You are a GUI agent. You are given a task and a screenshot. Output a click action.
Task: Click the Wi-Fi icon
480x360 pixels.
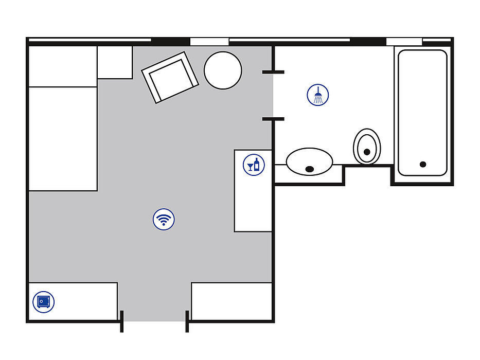(x=164, y=219)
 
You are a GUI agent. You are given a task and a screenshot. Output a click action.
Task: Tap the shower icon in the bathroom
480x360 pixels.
(x=318, y=95)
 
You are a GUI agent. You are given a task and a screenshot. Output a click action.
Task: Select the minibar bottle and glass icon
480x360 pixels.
(x=254, y=165)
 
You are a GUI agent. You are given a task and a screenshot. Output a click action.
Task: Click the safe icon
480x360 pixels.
(x=43, y=301)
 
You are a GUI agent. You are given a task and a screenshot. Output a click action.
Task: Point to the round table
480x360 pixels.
(x=223, y=71)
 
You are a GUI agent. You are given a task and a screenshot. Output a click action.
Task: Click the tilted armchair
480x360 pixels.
(x=170, y=78)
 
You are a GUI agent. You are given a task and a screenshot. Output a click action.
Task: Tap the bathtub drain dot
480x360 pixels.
(x=423, y=164)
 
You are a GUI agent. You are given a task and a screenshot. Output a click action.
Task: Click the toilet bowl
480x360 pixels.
(x=367, y=146)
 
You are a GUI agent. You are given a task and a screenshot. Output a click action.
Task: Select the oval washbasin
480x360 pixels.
(x=309, y=161)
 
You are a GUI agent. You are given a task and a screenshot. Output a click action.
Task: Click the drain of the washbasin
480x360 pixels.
(x=310, y=169)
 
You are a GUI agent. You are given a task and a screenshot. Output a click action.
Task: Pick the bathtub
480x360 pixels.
(x=422, y=112)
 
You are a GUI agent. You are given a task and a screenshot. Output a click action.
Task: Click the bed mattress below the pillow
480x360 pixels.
(x=63, y=139)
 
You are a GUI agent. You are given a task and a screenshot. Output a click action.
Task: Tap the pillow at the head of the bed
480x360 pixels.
(x=63, y=66)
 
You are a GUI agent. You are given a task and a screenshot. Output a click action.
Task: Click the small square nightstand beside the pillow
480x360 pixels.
(x=115, y=62)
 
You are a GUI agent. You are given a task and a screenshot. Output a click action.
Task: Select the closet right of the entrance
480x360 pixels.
(x=232, y=301)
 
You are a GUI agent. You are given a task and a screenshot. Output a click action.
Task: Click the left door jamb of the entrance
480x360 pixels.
(x=122, y=321)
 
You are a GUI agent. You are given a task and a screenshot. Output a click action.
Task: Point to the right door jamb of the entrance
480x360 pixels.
(x=187, y=321)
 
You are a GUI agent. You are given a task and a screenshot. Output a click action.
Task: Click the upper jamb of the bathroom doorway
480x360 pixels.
(x=273, y=72)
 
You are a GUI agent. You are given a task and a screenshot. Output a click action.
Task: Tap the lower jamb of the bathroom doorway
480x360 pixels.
(x=273, y=119)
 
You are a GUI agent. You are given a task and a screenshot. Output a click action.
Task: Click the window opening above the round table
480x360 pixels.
(x=209, y=41)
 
